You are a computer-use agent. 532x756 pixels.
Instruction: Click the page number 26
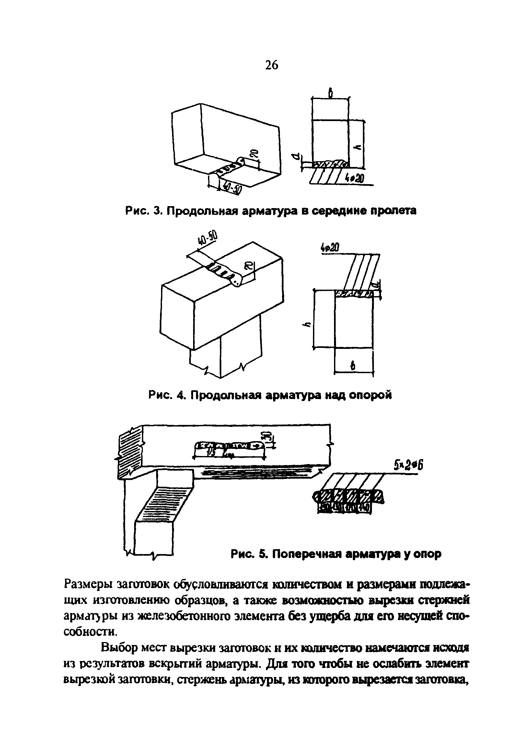coord(271,65)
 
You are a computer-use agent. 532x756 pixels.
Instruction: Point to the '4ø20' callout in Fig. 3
coord(354,179)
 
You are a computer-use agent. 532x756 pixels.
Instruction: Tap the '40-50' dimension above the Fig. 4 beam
coord(207,238)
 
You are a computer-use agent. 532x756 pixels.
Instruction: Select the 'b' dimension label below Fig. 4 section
coord(353,365)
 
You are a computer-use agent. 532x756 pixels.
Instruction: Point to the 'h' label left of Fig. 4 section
coord(308,325)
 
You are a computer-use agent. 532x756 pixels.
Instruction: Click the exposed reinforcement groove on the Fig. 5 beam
coord(229,446)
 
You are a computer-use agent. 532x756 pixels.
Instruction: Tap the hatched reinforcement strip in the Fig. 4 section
coord(354,294)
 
